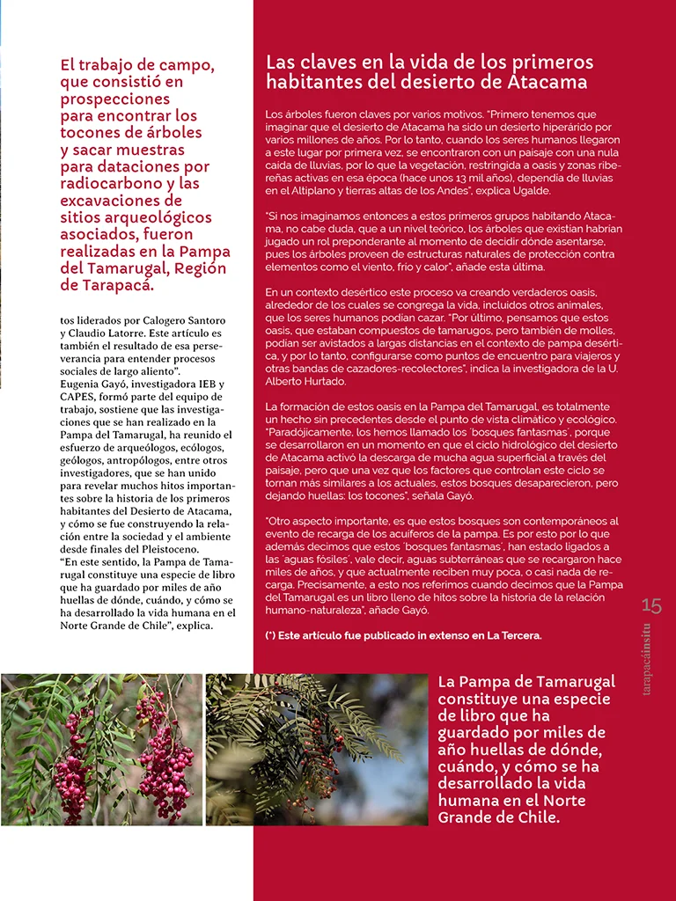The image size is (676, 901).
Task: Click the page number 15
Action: click(x=651, y=605)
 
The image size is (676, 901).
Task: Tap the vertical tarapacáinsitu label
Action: click(x=647, y=659)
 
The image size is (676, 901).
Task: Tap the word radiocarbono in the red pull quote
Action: click(x=107, y=185)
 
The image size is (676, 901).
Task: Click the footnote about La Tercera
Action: click(x=404, y=635)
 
